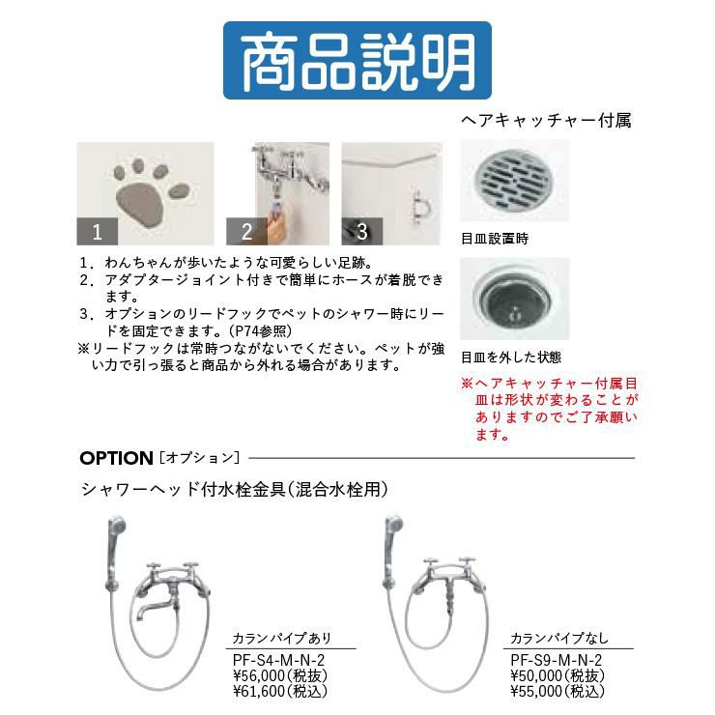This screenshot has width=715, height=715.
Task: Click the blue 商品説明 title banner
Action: coord(357,61)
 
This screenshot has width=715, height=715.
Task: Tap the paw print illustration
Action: coord(150,192)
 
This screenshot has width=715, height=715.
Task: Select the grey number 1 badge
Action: coord(98,231)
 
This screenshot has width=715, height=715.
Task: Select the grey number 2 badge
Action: coord(246,231)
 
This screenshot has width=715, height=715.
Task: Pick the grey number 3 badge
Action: coord(362,231)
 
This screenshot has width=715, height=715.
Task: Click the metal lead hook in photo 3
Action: coord(418,208)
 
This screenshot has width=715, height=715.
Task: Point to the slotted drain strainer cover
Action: coord(513,179)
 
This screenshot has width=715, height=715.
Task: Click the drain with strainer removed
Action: coord(514,300)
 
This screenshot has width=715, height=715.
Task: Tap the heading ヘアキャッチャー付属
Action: coord(546,121)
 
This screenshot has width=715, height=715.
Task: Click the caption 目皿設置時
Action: coord(495,239)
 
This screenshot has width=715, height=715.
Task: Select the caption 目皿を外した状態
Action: coord(511,357)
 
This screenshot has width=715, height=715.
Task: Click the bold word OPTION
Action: coord(116,458)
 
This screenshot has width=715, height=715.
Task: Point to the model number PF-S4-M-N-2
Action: coord(278,660)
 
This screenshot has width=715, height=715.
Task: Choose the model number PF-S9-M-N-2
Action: coord(556,660)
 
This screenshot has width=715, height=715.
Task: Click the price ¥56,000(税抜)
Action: coord(280,675)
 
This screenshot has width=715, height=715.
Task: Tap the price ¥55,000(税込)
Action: coord(558,691)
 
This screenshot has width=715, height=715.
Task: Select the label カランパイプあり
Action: coord(282,638)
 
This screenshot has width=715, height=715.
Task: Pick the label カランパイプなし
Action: coord(559,638)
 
